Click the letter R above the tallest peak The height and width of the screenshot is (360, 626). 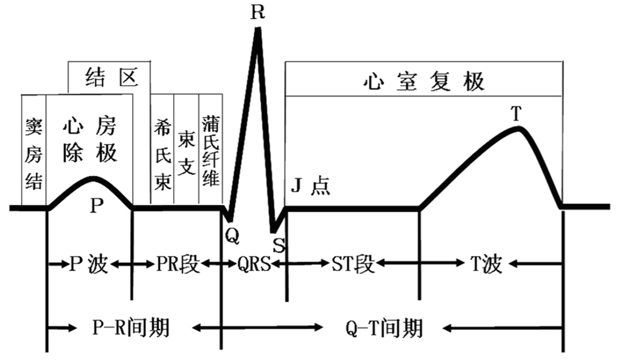(258, 12)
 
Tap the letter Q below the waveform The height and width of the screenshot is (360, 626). (232, 236)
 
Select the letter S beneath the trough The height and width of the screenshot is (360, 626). (279, 245)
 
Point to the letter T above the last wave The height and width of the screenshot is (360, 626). (517, 114)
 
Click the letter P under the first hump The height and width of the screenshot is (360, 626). (96, 206)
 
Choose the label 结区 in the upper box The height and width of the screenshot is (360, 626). (111, 77)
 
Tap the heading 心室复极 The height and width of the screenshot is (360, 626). (424, 81)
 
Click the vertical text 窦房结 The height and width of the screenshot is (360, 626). (34, 153)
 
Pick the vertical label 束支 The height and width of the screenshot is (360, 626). (187, 152)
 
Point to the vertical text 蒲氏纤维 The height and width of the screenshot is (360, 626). (211, 151)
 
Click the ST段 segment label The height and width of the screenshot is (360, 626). (353, 264)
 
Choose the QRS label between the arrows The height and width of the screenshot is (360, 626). (254, 264)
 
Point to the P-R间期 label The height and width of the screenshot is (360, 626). (131, 328)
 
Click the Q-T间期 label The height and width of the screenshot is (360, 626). (384, 329)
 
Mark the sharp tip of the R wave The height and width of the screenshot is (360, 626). (258, 28)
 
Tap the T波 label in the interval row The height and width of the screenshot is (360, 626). (486, 264)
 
